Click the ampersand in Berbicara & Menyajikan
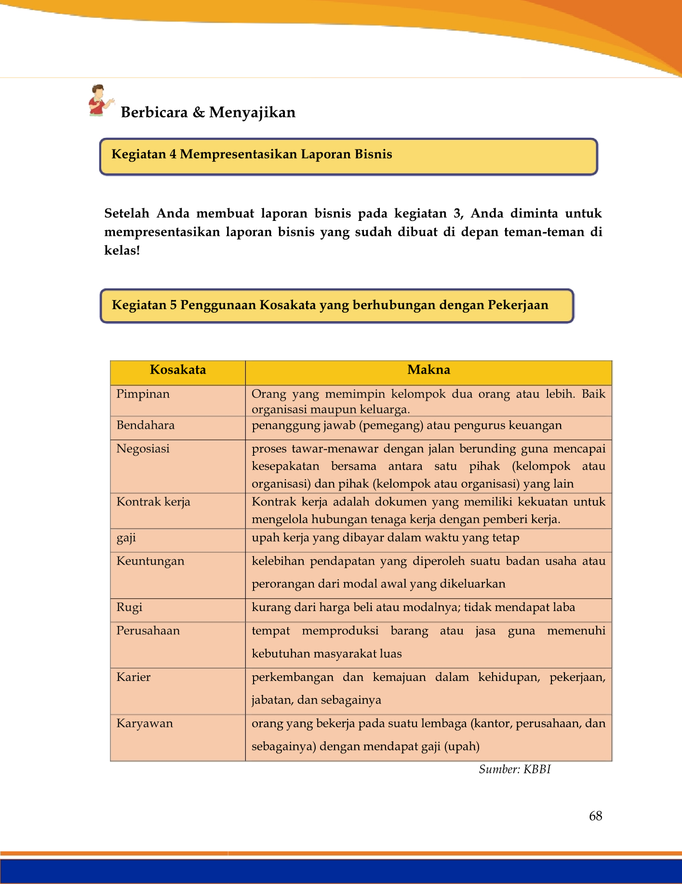[198, 112]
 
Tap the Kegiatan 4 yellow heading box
[348, 156]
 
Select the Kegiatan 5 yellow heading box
[336, 306]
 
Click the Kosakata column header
[178, 370]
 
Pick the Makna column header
[428, 370]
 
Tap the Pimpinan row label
[143, 394]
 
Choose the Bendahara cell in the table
[146, 425]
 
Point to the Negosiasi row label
[143, 449]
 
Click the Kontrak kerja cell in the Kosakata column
[153, 502]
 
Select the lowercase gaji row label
[126, 538]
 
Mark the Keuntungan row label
[150, 561]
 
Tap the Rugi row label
[129, 607]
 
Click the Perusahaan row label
[148, 631]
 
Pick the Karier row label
[134, 677]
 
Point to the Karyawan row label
[145, 723]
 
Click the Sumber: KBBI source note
[514, 769]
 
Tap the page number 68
[595, 816]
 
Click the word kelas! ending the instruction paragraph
[122, 251]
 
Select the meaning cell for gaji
[385, 538]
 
